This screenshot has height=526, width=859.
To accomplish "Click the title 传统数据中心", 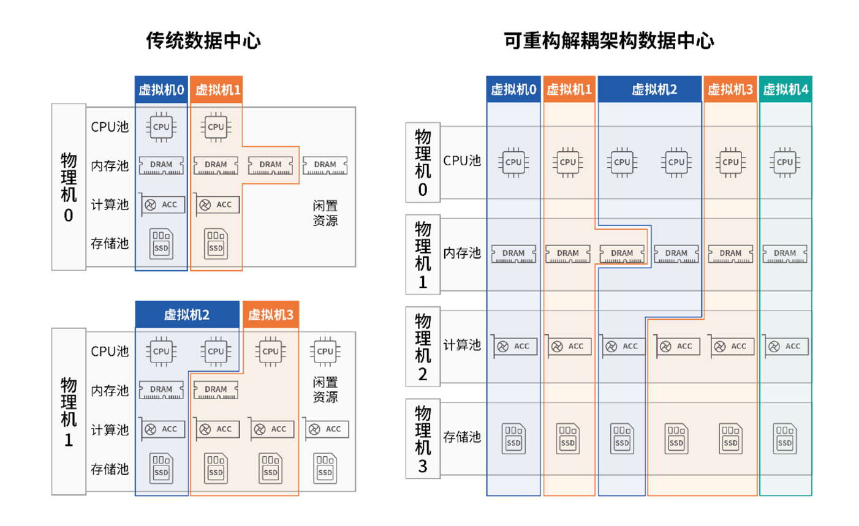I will click(203, 41).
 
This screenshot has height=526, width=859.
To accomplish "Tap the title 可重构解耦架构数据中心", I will click(608, 41).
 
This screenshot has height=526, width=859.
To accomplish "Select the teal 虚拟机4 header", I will click(785, 90).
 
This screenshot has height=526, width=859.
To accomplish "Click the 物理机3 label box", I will click(423, 438).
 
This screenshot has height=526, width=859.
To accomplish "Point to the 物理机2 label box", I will click(423, 347).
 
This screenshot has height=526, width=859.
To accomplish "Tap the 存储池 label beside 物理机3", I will click(462, 437).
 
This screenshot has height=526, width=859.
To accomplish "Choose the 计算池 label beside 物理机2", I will click(462, 345).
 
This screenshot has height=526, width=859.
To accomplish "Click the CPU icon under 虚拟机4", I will click(785, 162).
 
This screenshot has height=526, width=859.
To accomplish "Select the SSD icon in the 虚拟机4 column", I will click(785, 439).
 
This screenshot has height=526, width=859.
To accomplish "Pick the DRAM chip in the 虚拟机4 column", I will click(785, 254).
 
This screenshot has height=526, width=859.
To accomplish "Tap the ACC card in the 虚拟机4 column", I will click(785, 347).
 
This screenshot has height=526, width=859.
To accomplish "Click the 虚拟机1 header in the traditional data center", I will click(217, 91).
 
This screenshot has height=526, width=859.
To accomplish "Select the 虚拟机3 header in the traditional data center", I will click(271, 315).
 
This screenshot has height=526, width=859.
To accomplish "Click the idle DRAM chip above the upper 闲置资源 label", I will click(325, 165).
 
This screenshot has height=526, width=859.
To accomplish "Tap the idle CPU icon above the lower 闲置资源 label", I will click(325, 351).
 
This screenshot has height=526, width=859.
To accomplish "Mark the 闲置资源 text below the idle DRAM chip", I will click(325, 213).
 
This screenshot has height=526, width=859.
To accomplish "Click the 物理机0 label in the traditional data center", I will click(69, 187).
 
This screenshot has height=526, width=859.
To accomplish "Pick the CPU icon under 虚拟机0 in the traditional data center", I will click(161, 127).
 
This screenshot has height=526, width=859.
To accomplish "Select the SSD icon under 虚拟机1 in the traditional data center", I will click(216, 243).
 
